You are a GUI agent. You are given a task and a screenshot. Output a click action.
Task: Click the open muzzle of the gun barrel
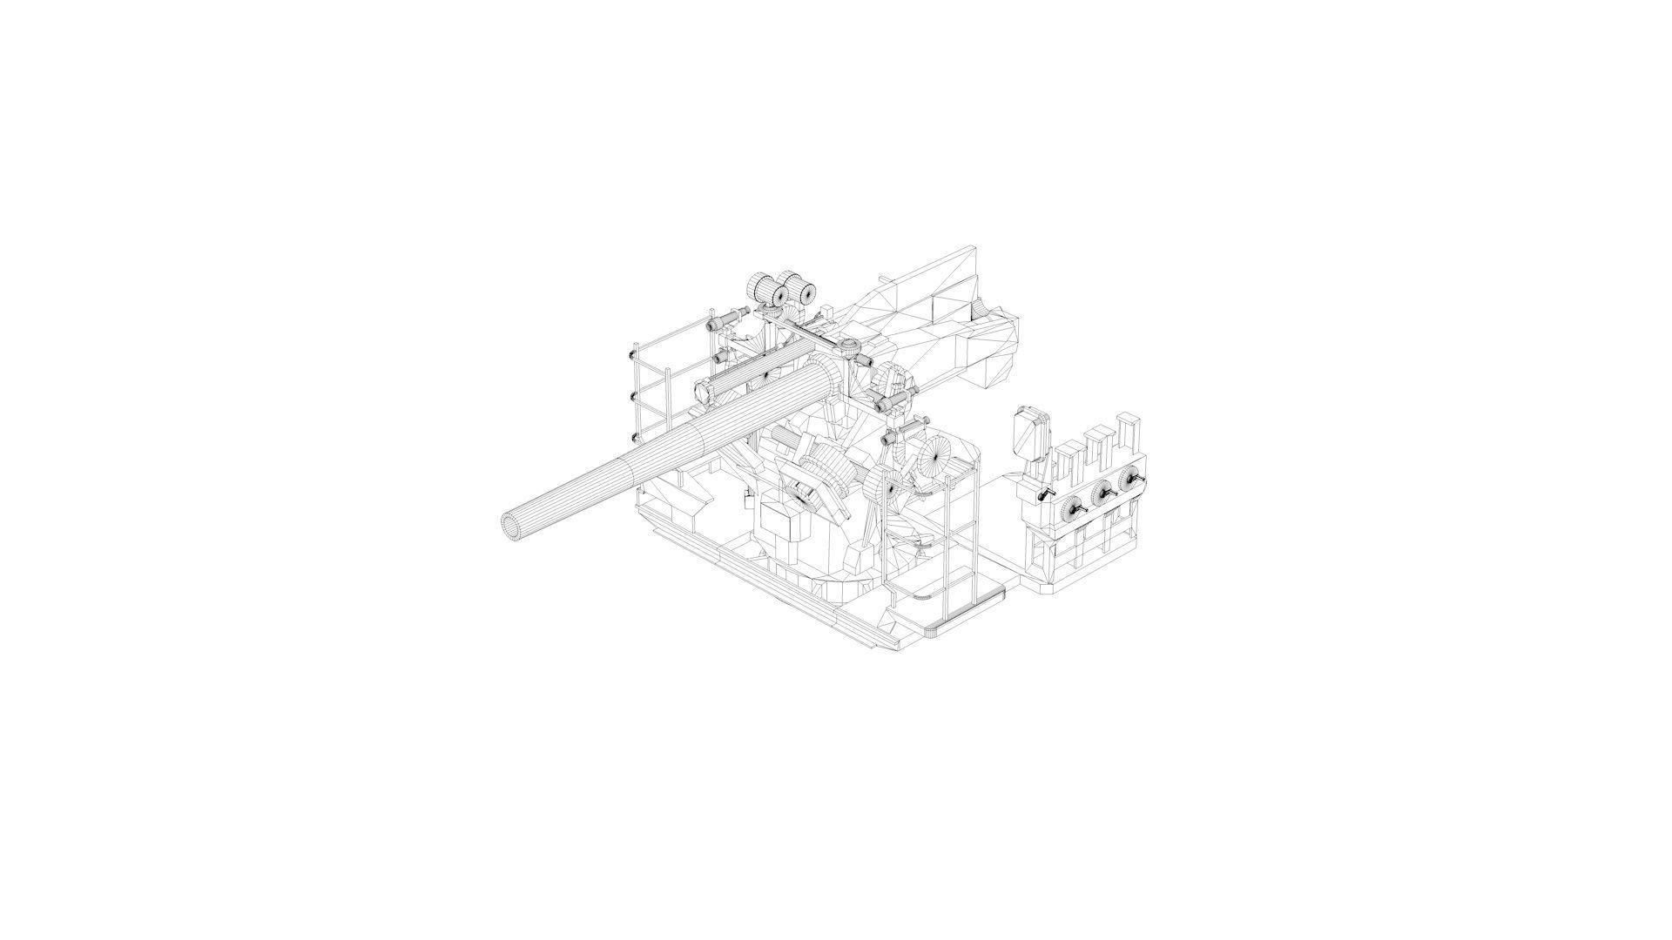point(513,526)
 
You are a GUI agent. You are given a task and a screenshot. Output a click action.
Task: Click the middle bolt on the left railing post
point(630,396)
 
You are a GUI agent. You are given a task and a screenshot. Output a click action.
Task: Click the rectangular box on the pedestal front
point(782,522)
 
